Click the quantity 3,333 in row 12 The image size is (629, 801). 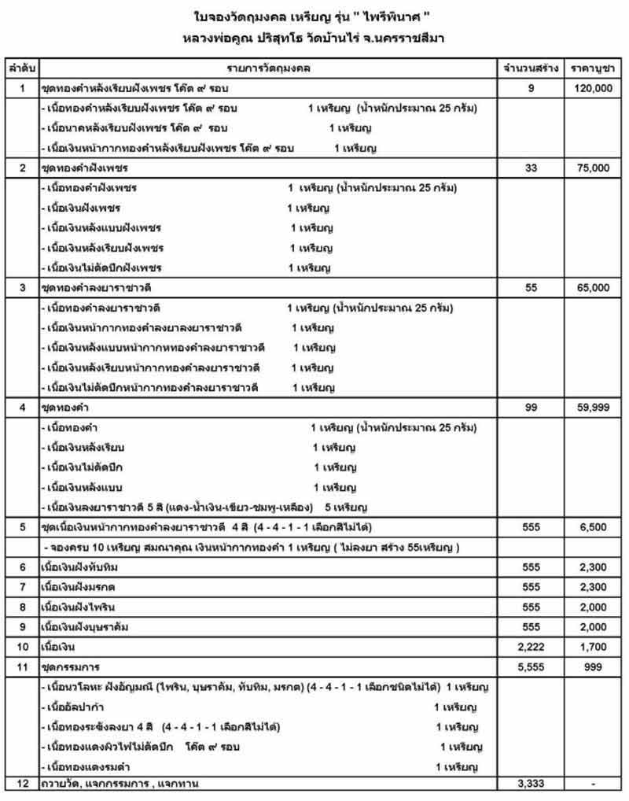[x=532, y=783]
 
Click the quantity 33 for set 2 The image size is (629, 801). [x=532, y=168]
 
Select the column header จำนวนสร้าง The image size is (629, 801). [x=532, y=68]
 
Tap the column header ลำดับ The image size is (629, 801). [x=22, y=68]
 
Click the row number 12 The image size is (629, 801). [x=22, y=783]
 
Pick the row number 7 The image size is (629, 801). [x=22, y=587]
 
